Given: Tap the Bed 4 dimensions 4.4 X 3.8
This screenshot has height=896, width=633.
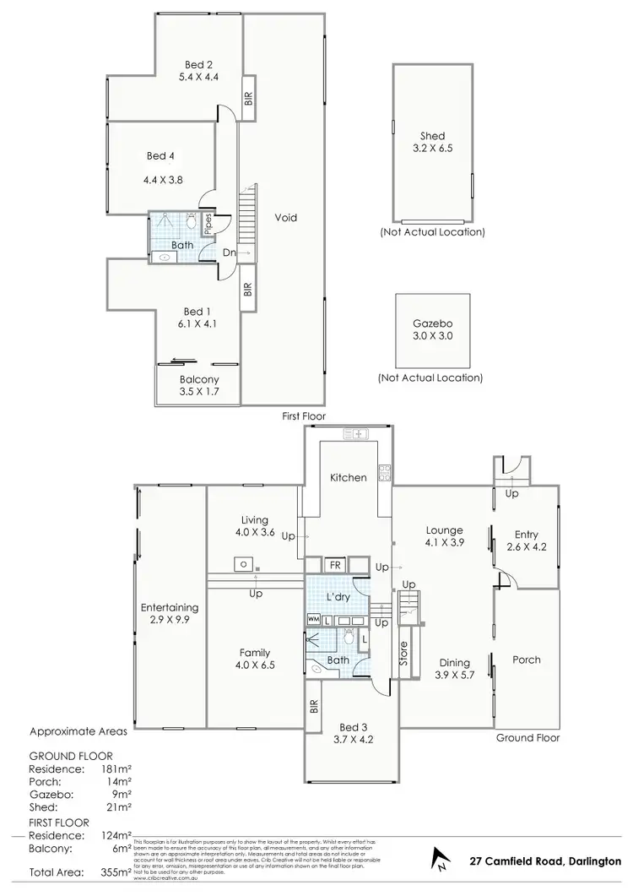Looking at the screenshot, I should tap(165, 179).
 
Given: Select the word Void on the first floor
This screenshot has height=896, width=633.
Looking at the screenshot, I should tap(286, 217).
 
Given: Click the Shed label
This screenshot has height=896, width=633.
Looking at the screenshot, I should tap(432, 136).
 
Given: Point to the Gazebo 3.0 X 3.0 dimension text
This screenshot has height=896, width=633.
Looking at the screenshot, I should tap(431, 336).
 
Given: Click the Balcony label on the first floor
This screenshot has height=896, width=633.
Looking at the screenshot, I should tap(197, 380).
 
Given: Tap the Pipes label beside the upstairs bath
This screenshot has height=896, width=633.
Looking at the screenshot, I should tap(207, 224).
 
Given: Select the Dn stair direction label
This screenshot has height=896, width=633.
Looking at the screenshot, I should tap(229, 253).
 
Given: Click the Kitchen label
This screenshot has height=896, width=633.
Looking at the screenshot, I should tap(349, 477).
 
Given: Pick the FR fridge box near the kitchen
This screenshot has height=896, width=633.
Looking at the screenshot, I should tap(335, 564).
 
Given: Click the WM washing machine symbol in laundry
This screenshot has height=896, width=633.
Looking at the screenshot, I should tap(313, 621).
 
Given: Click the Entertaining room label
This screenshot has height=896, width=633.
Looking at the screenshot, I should tap(170, 607).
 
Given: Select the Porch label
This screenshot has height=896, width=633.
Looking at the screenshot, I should tap(527, 660).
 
